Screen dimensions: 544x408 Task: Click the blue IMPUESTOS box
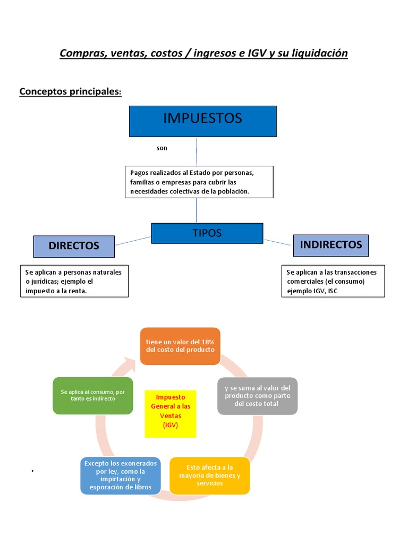pos(203,121)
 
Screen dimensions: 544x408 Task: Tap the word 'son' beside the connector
pos(161,148)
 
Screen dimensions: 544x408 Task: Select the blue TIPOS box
pos(207,233)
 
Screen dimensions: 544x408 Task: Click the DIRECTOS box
pos(74,246)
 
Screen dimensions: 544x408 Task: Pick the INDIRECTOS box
pos(331,245)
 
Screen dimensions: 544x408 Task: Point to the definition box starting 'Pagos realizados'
pos(199,182)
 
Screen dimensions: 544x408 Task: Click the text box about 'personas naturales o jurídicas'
pos(74,281)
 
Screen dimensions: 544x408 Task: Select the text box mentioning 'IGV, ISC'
pos(333,281)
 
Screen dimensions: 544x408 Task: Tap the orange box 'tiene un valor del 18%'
pos(180,346)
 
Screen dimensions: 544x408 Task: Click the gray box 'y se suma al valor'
pos(258,396)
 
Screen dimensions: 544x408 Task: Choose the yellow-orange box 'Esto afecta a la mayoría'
pos(210,475)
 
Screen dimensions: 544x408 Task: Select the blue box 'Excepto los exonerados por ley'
pos(121,475)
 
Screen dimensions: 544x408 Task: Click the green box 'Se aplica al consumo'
pos(92,395)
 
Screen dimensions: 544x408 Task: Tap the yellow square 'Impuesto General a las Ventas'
pos(171,414)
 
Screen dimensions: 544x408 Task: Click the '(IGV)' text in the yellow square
pos(171,426)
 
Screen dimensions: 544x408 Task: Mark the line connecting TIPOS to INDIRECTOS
pos(278,242)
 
